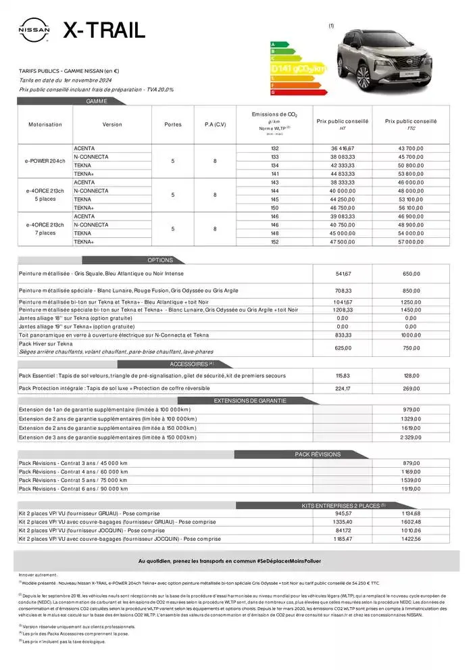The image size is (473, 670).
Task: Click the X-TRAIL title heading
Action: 103,30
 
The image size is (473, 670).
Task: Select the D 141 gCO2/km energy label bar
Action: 298,68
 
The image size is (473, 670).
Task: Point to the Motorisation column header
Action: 45,124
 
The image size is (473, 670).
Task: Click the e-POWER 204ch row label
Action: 45,161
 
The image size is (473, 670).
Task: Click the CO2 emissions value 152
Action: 274,241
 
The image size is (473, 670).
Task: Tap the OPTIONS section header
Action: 160,260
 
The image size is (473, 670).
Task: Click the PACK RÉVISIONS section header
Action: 318,454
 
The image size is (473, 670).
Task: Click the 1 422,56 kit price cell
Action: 410,539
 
